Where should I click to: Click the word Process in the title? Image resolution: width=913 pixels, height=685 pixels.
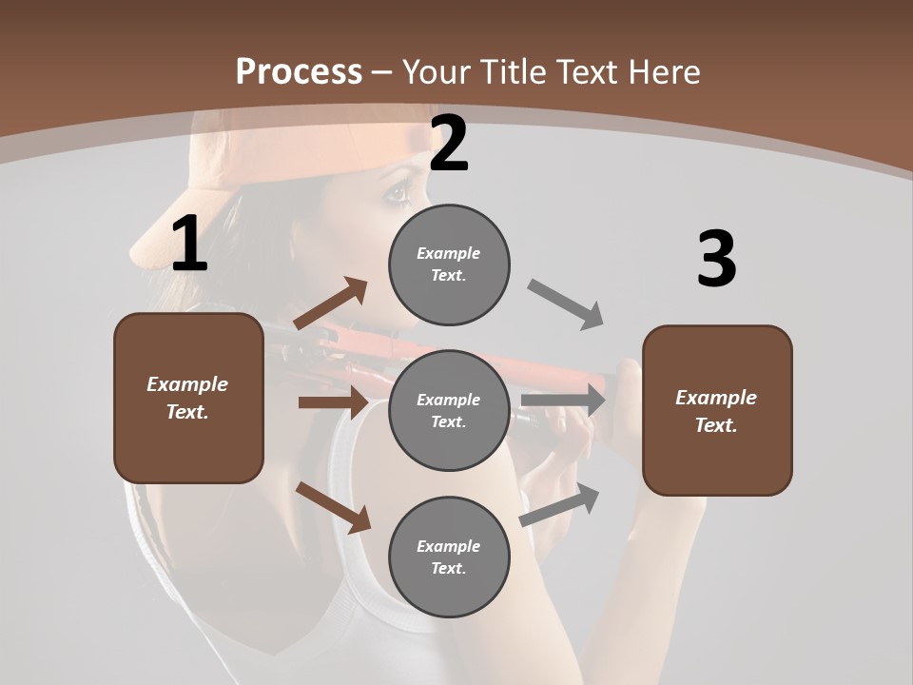point(299,71)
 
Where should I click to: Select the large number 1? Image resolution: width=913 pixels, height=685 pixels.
point(189,245)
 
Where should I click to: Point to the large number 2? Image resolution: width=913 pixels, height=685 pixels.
point(449,145)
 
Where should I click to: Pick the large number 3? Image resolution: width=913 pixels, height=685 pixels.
point(716,260)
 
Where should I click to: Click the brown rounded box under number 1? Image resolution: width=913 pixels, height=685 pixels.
point(188,398)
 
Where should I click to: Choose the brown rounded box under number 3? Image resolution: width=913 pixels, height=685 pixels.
point(717,411)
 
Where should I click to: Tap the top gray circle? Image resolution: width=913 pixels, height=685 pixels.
point(449,264)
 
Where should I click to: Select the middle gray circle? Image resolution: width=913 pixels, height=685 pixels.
point(449,410)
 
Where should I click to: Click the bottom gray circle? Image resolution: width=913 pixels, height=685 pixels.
point(449,557)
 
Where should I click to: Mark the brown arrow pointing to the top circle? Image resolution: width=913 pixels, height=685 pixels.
point(331,303)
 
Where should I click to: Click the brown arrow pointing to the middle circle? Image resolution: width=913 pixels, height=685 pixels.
point(333,402)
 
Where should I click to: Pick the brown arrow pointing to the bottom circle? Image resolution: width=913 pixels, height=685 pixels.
point(334,507)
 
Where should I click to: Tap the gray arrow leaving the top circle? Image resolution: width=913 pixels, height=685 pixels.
point(566,305)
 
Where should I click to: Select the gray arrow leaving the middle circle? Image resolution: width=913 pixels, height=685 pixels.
point(563,401)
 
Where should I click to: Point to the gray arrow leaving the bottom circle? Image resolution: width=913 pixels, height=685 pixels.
point(560,505)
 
